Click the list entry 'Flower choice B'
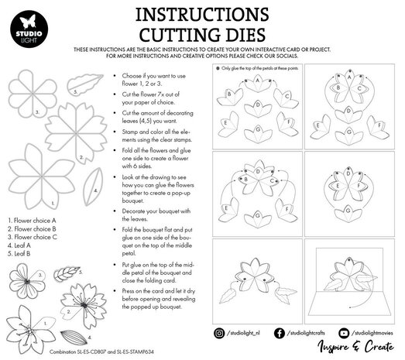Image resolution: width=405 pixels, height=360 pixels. pos(32,228)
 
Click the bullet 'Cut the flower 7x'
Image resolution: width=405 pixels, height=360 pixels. pos(152,97)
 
